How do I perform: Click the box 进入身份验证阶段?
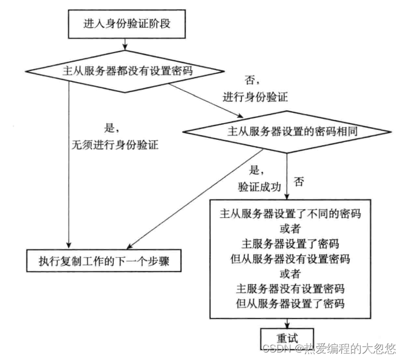pyautogui.click(x=124, y=24)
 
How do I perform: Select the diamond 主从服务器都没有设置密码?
pyautogui.click(x=124, y=70)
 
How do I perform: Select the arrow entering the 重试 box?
pyautogui.click(x=287, y=324)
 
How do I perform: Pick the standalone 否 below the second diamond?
pyautogui.click(x=299, y=182)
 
